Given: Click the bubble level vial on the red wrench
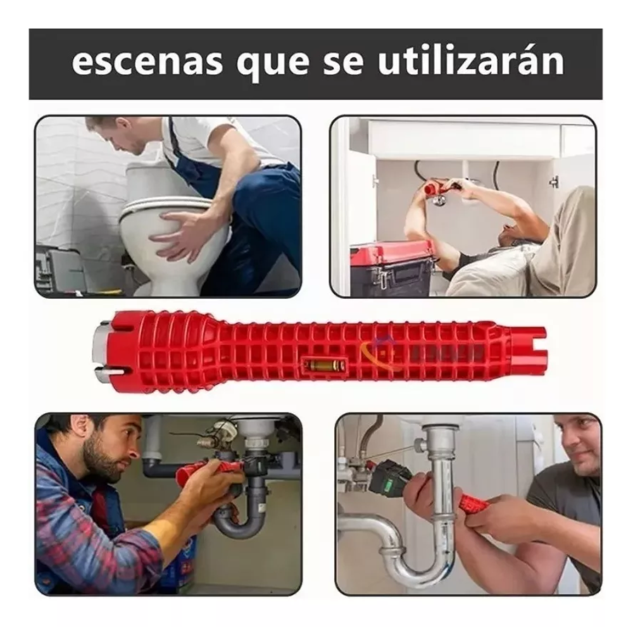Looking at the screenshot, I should (x=323, y=365).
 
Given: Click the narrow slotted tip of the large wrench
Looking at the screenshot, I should (x=528, y=350).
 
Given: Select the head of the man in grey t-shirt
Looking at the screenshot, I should (x=577, y=443).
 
